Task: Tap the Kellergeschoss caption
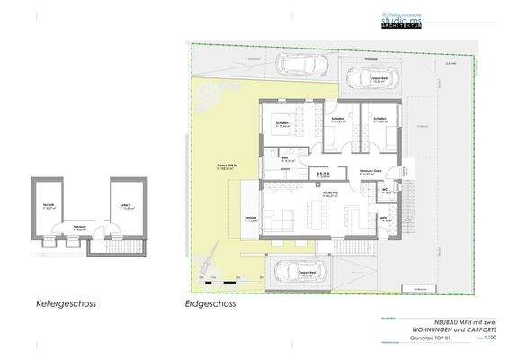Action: tap(65, 304)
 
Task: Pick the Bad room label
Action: tap(286, 160)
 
